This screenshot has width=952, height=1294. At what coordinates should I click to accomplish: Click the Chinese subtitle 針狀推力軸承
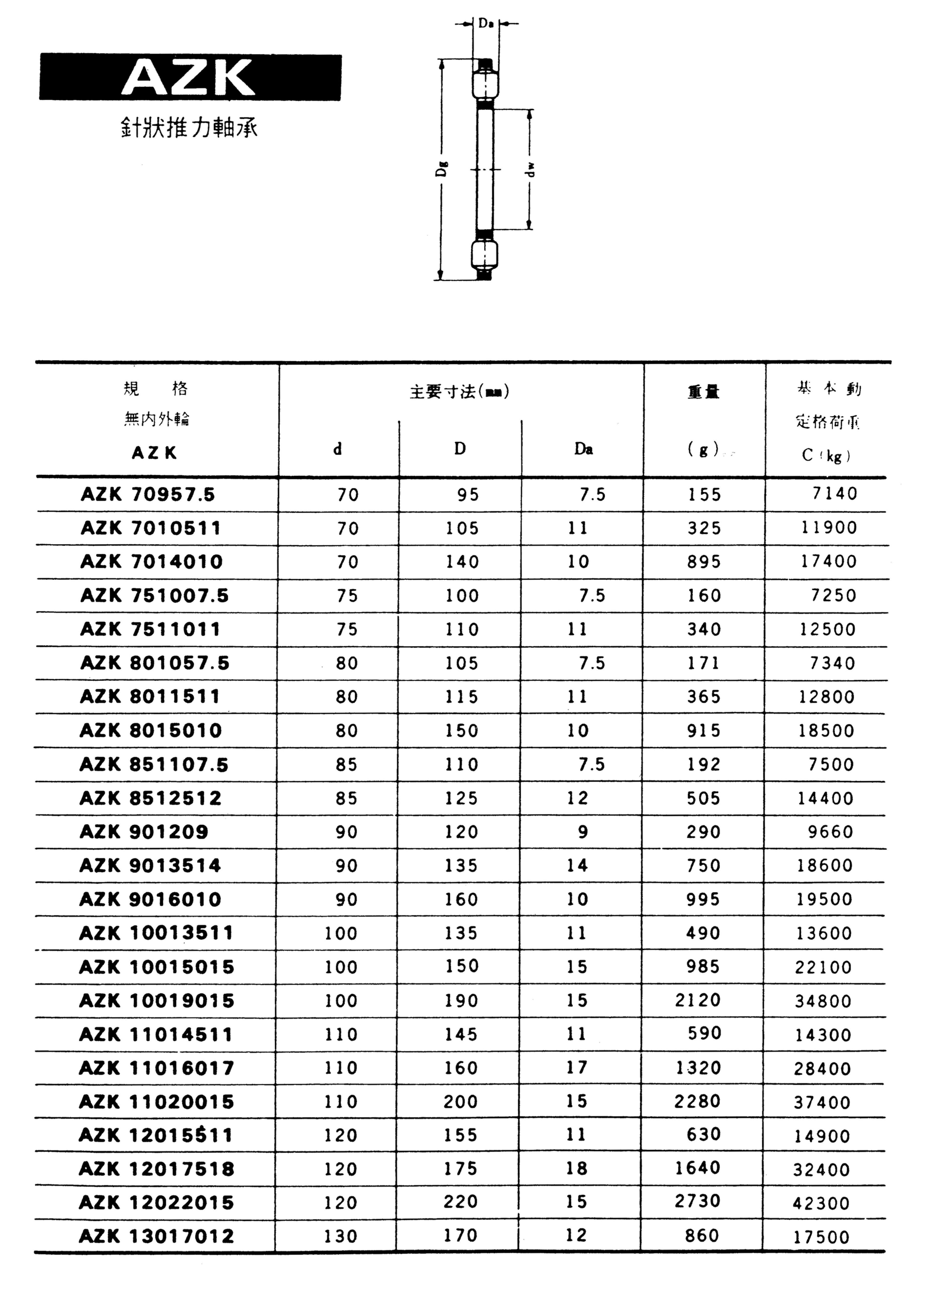pos(189,128)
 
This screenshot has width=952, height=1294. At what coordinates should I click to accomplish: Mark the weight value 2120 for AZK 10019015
pos(698,999)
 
